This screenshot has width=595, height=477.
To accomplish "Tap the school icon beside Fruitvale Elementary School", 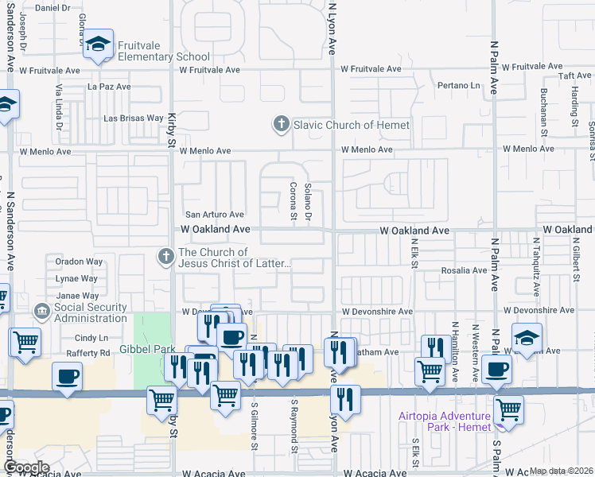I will (99, 45).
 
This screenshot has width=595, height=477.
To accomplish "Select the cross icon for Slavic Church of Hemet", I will (280, 125).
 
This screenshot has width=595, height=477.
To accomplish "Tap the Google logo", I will (26, 467).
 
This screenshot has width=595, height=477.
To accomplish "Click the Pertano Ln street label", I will (458, 85).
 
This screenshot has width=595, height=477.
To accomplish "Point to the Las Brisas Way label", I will (134, 118).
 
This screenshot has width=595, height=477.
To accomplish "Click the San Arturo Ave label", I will (214, 215).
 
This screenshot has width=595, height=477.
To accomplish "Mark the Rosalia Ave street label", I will (465, 270).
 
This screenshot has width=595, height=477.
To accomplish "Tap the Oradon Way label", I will (79, 262).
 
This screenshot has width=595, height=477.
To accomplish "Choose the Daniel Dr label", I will (53, 7).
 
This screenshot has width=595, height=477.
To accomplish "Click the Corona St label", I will (293, 204).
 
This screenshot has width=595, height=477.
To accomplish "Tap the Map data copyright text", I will (561, 471).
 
